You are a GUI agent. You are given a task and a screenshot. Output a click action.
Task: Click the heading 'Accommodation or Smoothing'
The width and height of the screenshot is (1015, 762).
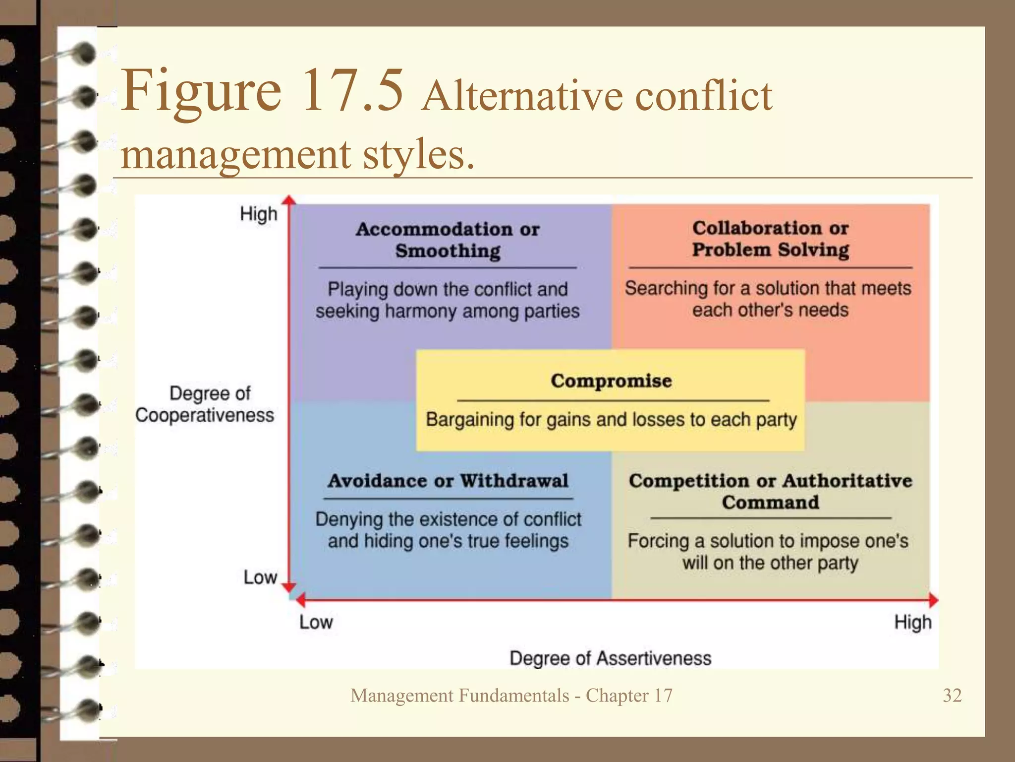[448, 240]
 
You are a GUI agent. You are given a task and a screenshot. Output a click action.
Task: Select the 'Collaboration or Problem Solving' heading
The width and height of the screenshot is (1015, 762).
[770, 239]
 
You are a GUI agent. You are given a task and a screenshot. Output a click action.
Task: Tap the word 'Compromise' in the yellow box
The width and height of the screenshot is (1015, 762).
[611, 381]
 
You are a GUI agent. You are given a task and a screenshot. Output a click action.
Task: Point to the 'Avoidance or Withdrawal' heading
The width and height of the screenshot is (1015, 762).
[448, 481]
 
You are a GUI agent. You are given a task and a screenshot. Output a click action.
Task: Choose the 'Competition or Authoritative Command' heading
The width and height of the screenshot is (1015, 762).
[770, 492]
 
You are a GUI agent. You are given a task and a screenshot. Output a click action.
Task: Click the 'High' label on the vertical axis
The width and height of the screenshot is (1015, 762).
[258, 214]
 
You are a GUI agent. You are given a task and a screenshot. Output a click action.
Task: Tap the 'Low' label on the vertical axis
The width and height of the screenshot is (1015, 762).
[260, 577]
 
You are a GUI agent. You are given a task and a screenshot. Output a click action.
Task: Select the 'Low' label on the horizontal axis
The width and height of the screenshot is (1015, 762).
[316, 622]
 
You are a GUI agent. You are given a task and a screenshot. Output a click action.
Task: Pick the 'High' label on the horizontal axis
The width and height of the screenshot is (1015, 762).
[912, 622]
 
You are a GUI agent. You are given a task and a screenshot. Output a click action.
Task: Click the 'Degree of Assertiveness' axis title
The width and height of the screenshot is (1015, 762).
[610, 658]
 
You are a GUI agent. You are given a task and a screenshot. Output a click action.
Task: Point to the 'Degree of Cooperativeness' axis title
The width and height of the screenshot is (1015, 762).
[205, 404]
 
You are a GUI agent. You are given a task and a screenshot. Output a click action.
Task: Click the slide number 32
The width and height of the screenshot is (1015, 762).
[952, 696]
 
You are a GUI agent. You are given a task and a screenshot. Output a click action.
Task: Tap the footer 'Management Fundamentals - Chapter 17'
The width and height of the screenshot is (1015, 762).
[511, 696]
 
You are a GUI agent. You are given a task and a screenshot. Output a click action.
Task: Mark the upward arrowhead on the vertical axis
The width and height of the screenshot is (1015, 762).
[289, 200]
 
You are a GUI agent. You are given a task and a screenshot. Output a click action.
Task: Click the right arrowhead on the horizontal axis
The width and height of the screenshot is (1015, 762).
[933, 600]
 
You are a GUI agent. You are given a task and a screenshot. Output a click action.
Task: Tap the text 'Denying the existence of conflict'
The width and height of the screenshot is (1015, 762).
[448, 519]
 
